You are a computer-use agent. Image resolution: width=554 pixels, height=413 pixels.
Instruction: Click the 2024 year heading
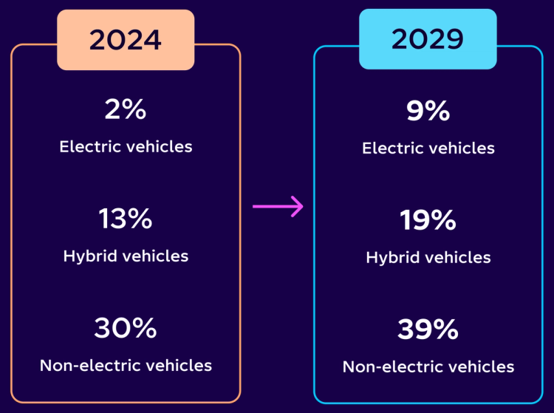click(126, 40)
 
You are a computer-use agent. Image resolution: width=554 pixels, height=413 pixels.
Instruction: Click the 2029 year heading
click(428, 40)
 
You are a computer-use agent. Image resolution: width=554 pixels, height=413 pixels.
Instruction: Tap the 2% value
click(126, 109)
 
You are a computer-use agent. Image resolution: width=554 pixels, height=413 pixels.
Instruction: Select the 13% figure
click(126, 219)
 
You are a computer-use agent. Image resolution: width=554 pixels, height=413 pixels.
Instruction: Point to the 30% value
click(126, 328)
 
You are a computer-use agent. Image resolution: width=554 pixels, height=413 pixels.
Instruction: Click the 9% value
click(428, 111)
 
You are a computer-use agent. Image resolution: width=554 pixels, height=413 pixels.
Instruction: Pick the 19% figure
click(428, 220)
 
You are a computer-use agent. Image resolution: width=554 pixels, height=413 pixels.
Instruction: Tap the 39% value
click(428, 330)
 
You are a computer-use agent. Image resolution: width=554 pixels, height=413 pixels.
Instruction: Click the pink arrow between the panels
click(278, 206)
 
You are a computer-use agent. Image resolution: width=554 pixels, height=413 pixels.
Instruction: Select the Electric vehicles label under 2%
click(126, 146)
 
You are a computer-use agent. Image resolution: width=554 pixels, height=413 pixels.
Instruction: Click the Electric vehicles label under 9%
click(428, 149)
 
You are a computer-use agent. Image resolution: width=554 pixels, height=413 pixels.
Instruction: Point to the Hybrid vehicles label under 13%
click(126, 256)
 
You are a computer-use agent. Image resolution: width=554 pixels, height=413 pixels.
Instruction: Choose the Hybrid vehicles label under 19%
click(428, 258)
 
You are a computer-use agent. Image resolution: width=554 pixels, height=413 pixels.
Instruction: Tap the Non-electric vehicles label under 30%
click(126, 365)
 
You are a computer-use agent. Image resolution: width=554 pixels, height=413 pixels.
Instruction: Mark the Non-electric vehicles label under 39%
click(428, 366)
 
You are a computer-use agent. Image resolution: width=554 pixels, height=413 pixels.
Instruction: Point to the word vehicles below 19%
click(456, 258)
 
